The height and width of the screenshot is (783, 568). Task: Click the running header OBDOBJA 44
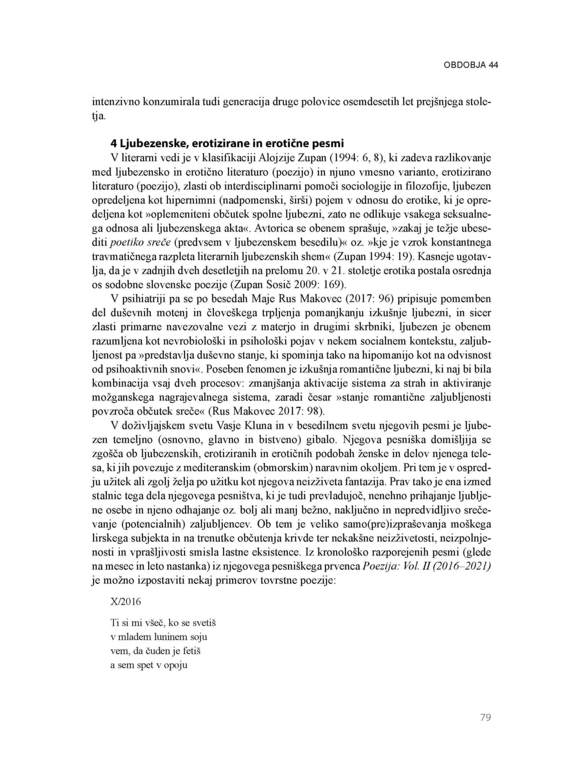[471, 65]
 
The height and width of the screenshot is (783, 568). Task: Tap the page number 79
[485, 718]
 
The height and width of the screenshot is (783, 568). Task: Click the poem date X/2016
[126, 602]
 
